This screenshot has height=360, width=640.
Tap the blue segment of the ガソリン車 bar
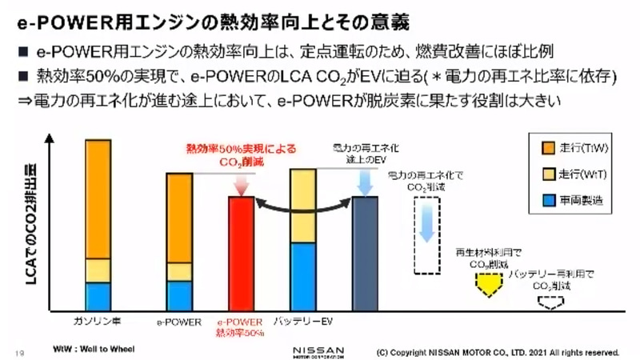pyautogui.click(x=98, y=295)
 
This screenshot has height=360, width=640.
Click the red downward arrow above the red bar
pyautogui.click(x=240, y=183)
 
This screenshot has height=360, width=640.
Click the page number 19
pyautogui.click(x=19, y=350)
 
